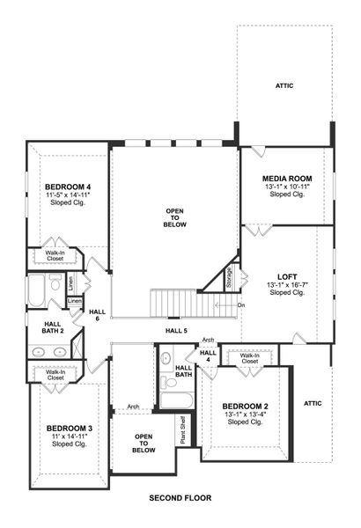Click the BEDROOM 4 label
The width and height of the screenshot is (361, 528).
click(x=68, y=187)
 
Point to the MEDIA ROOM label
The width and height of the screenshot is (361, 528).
click(x=288, y=179)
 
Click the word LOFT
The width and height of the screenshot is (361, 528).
click(x=287, y=275)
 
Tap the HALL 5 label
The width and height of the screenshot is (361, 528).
click(x=176, y=331)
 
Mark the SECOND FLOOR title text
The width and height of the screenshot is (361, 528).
click(x=180, y=498)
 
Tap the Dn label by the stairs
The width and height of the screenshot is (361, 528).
click(x=241, y=305)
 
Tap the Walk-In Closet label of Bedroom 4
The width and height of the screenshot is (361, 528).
click(x=55, y=255)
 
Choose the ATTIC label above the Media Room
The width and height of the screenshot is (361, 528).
click(x=284, y=85)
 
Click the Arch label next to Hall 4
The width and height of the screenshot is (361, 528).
click(x=208, y=339)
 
